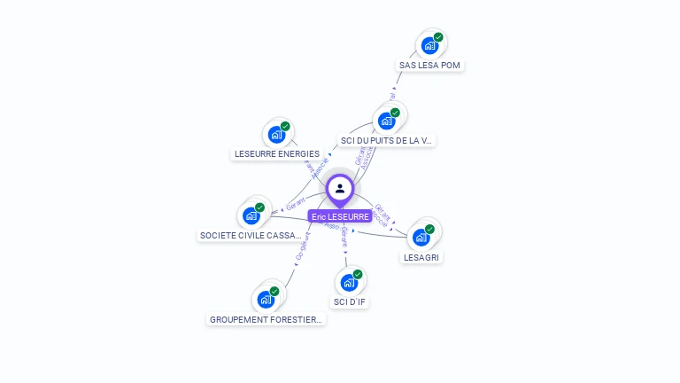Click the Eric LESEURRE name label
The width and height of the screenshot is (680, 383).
click(340, 216)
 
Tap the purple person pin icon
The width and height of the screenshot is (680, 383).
click(340, 188)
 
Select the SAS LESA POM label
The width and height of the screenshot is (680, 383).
click(430, 66)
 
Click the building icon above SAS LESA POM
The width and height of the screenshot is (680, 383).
click(429, 46)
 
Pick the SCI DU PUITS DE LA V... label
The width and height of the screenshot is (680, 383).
click(388, 140)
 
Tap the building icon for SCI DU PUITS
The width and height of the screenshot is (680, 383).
click(386, 121)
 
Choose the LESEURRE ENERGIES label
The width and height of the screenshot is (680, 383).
click(276, 154)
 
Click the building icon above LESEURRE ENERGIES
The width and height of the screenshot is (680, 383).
click(276, 135)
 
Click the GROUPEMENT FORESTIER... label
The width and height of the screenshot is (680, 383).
click(267, 319)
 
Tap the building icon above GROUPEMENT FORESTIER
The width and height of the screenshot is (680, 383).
click(266, 300)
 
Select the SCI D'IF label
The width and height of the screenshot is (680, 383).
click(349, 302)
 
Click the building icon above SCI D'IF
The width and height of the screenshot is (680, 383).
click(349, 283)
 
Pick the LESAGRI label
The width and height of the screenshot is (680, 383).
click(421, 257)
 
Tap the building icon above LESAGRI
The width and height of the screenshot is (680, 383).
click(421, 237)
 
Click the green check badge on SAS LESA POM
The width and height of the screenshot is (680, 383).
click(438, 38)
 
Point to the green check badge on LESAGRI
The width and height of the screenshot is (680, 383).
click(429, 229)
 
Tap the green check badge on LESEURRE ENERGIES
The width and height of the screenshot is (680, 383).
click(285, 126)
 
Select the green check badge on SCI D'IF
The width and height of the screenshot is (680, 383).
click(358, 275)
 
